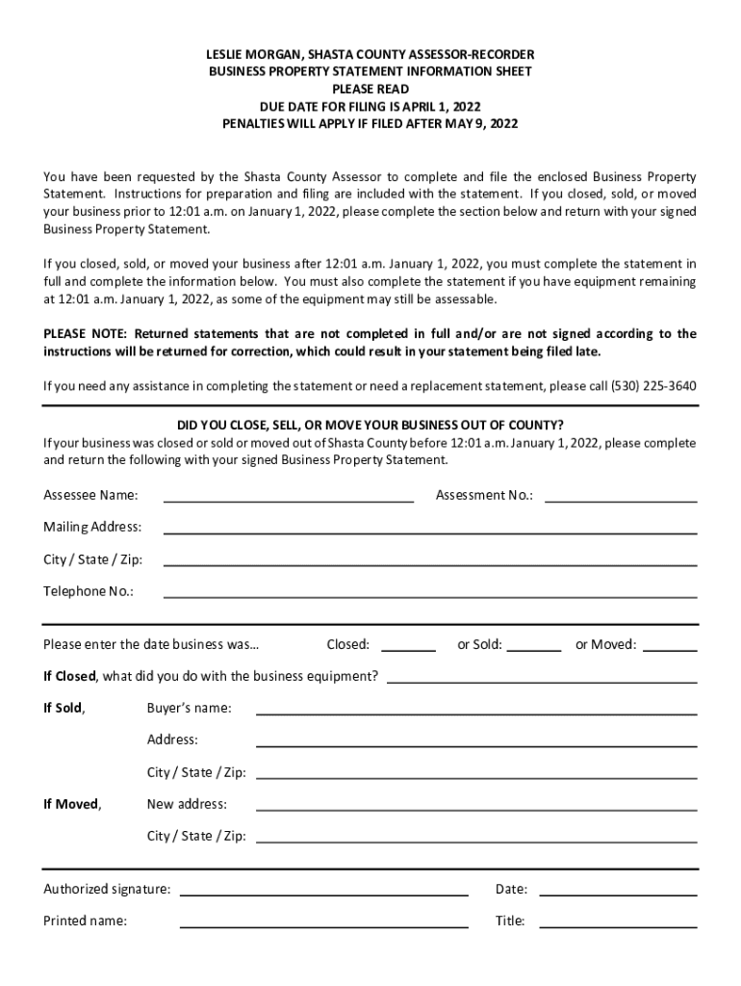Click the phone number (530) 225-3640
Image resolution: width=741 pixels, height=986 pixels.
(653, 386)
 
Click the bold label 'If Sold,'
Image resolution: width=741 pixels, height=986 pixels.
(64, 709)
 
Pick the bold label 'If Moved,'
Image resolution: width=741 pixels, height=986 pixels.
(72, 804)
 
